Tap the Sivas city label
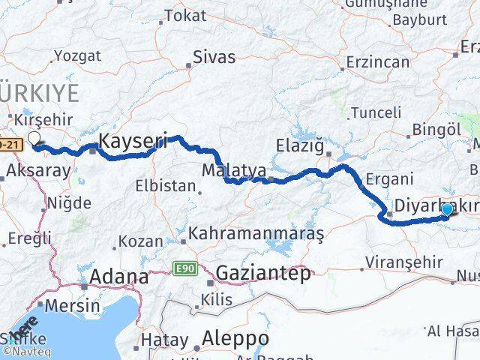pos(214,57)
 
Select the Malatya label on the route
pos(234,171)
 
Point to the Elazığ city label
pos(299,144)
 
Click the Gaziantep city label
pos(262,274)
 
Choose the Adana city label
pos(118,277)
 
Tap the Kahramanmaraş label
pos(256,234)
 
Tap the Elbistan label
pos(164,185)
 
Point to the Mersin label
pos(73,305)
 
